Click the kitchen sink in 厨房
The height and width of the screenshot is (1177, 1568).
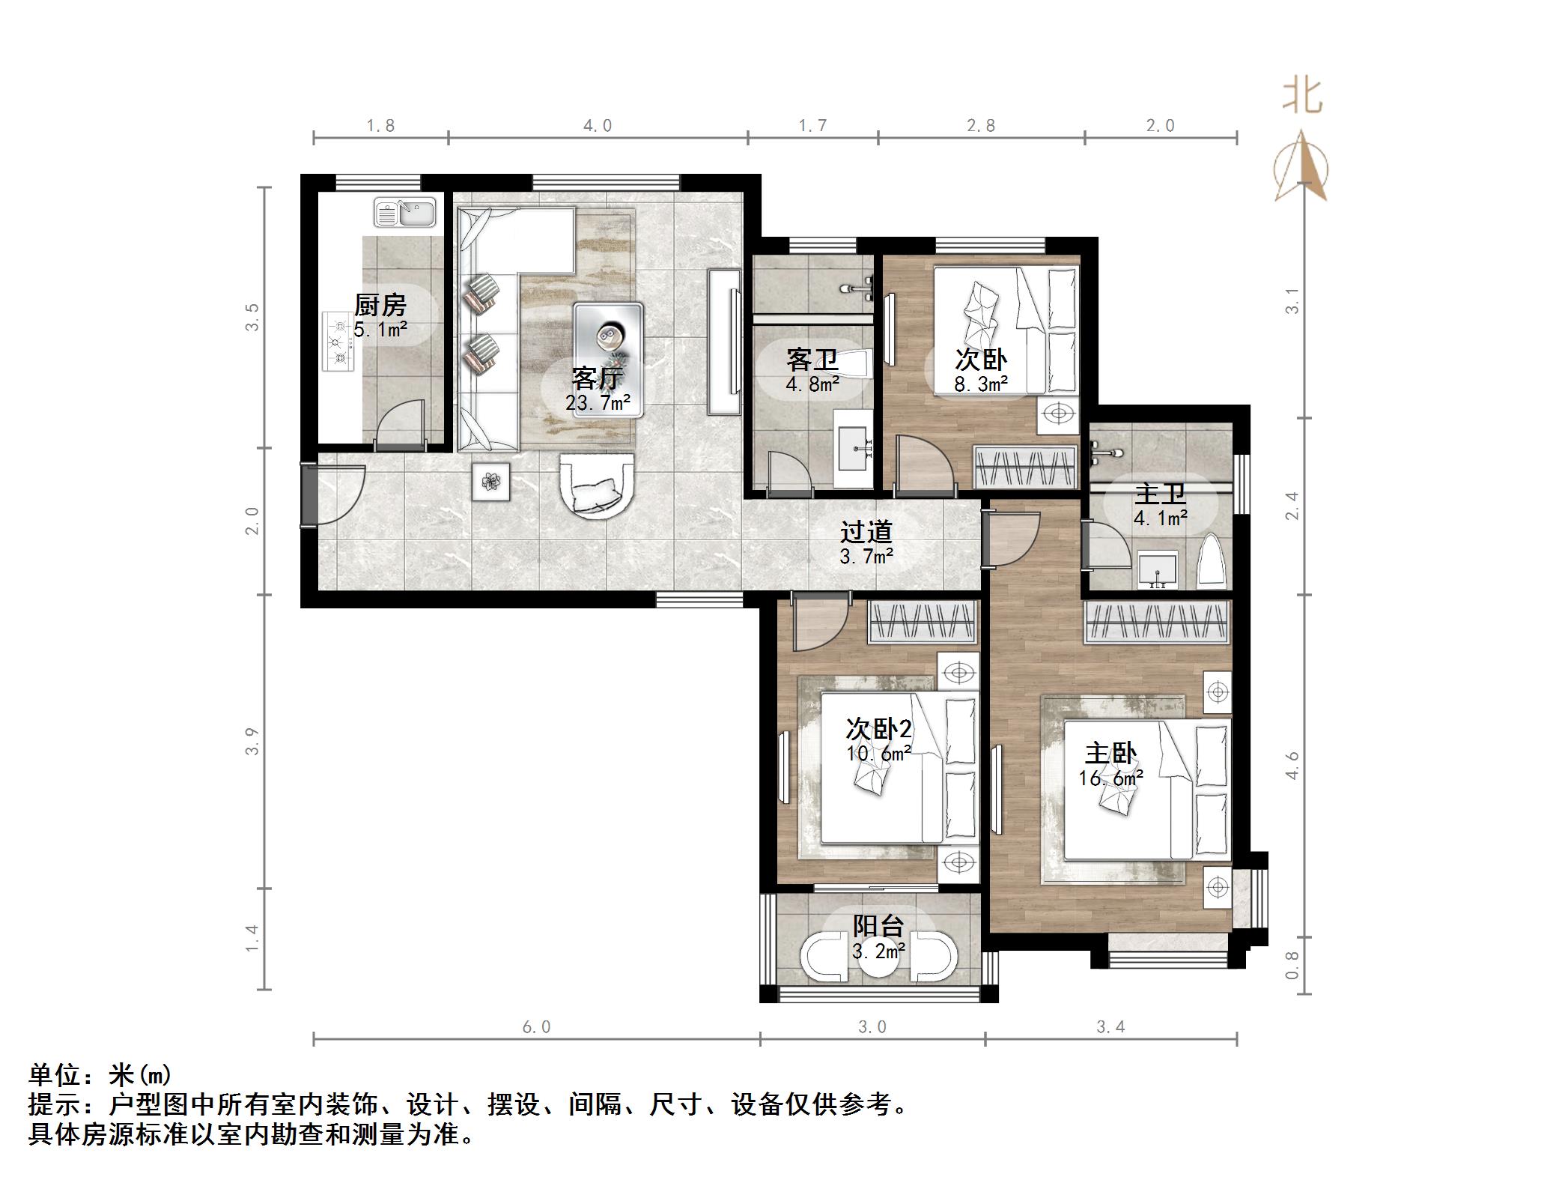coord(405,213)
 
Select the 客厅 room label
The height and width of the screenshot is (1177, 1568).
coord(596,378)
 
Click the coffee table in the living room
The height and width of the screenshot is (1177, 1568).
coord(608,337)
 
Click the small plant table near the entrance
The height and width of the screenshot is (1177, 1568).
coord(491,482)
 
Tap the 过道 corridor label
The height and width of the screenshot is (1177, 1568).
coord(866,532)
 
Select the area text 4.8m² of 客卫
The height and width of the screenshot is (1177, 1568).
coord(812,385)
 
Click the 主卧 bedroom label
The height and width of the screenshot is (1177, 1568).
coord(1110,753)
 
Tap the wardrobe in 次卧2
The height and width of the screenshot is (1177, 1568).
coord(923,623)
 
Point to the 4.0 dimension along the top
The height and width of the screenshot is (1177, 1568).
coord(598,126)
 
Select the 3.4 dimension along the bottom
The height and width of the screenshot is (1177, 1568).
coord(1110,1027)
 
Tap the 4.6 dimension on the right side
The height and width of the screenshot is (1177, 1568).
coord(1292,765)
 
